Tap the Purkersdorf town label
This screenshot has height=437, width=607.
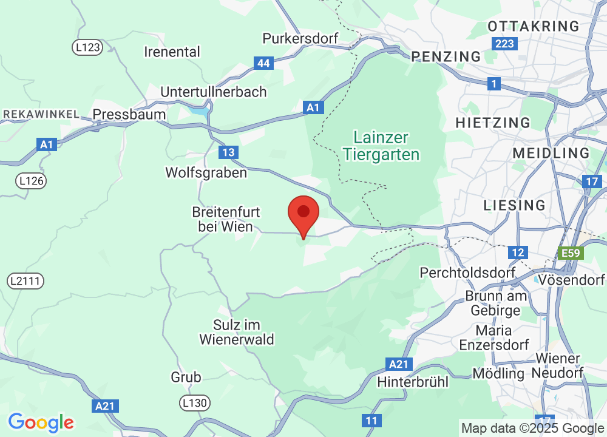300,38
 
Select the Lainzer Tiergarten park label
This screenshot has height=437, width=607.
381,146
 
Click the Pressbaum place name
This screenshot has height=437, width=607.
129,114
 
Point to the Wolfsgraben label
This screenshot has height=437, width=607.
206,173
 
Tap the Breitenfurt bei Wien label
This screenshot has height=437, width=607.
226,219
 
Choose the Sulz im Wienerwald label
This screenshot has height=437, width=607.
237,332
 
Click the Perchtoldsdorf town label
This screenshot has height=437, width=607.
467,273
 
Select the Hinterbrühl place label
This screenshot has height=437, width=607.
413,382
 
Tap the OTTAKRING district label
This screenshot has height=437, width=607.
534,26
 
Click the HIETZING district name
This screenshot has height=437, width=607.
493,123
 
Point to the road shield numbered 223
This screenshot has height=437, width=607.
504,44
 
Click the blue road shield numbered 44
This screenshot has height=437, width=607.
263,63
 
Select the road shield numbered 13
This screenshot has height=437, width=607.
229,152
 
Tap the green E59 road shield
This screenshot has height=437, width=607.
571,252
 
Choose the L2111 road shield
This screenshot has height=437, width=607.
26,281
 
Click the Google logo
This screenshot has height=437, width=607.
41,422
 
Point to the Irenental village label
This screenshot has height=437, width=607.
172,52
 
